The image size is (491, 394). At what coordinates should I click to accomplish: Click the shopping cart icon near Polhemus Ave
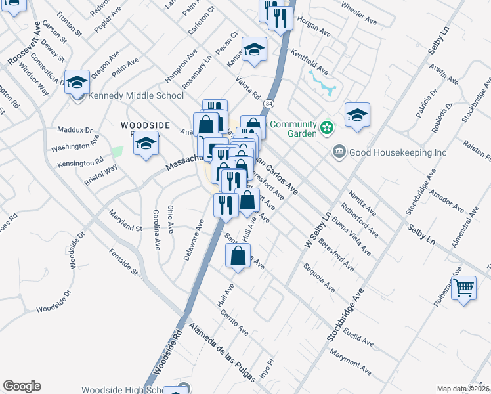(x=464, y=287)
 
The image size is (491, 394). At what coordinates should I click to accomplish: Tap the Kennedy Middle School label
(x=137, y=95)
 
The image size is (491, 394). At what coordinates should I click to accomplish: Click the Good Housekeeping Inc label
(x=397, y=152)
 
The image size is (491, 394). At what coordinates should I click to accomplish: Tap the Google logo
(x=22, y=386)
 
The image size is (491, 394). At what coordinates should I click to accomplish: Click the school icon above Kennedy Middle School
(x=77, y=82)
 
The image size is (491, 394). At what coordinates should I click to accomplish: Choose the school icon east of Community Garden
(x=356, y=114)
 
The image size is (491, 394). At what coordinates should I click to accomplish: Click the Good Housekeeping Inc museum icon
(x=339, y=152)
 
